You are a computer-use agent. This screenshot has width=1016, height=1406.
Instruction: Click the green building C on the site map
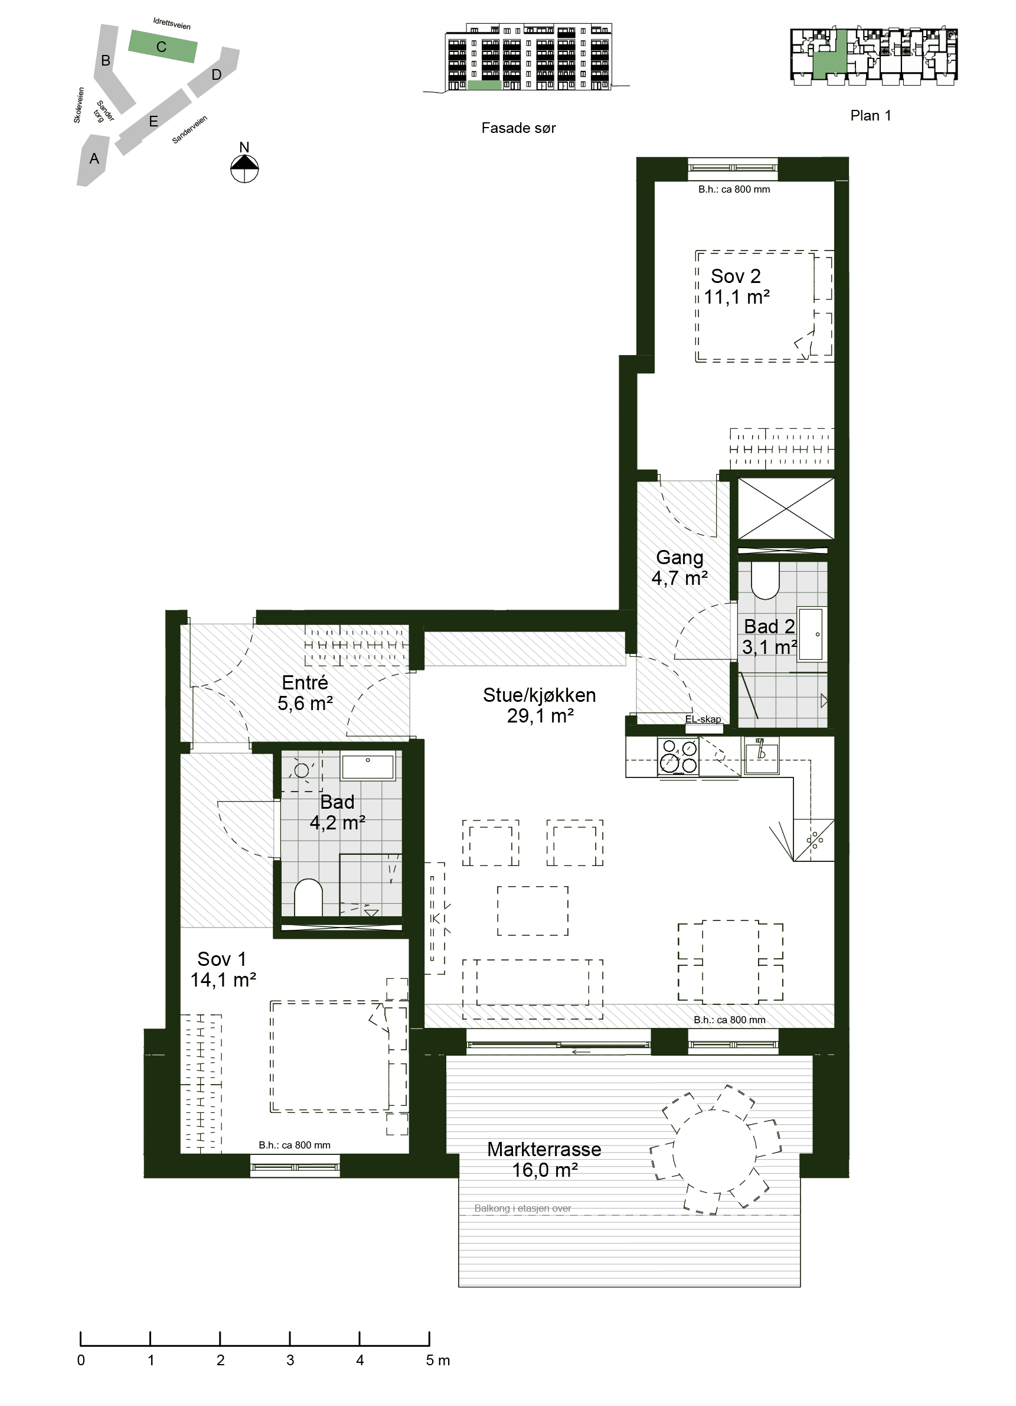pyautogui.click(x=162, y=47)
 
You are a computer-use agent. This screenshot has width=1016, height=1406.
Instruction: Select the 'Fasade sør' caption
pyautogui.click(x=518, y=128)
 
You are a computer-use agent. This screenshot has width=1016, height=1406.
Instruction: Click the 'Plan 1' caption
pyautogui.click(x=870, y=116)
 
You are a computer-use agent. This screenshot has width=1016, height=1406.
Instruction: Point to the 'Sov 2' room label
pyautogui.click(x=736, y=276)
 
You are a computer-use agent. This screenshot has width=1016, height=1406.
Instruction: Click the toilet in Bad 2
pyautogui.click(x=765, y=580)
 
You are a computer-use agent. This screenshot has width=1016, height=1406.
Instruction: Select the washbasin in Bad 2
pyautogui.click(x=811, y=633)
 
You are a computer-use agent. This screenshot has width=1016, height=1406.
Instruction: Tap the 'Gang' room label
pyautogui.click(x=679, y=558)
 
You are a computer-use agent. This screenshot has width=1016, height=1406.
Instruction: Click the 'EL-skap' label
pyautogui.click(x=703, y=719)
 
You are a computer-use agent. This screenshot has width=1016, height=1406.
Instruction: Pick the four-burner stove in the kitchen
pyautogui.click(x=678, y=756)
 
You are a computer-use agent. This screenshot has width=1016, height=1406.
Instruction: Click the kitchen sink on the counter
pyautogui.click(x=762, y=755)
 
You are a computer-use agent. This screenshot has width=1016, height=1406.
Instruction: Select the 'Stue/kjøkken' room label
pyautogui.click(x=539, y=695)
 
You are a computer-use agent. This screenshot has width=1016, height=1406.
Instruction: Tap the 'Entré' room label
pyautogui.click(x=305, y=682)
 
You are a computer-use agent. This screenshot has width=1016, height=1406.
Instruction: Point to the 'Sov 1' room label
pyautogui.click(x=222, y=959)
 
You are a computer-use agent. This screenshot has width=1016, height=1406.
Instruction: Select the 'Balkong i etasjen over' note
pyautogui.click(x=523, y=1208)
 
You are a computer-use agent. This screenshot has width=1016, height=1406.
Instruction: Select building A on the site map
pyautogui.click(x=93, y=160)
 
